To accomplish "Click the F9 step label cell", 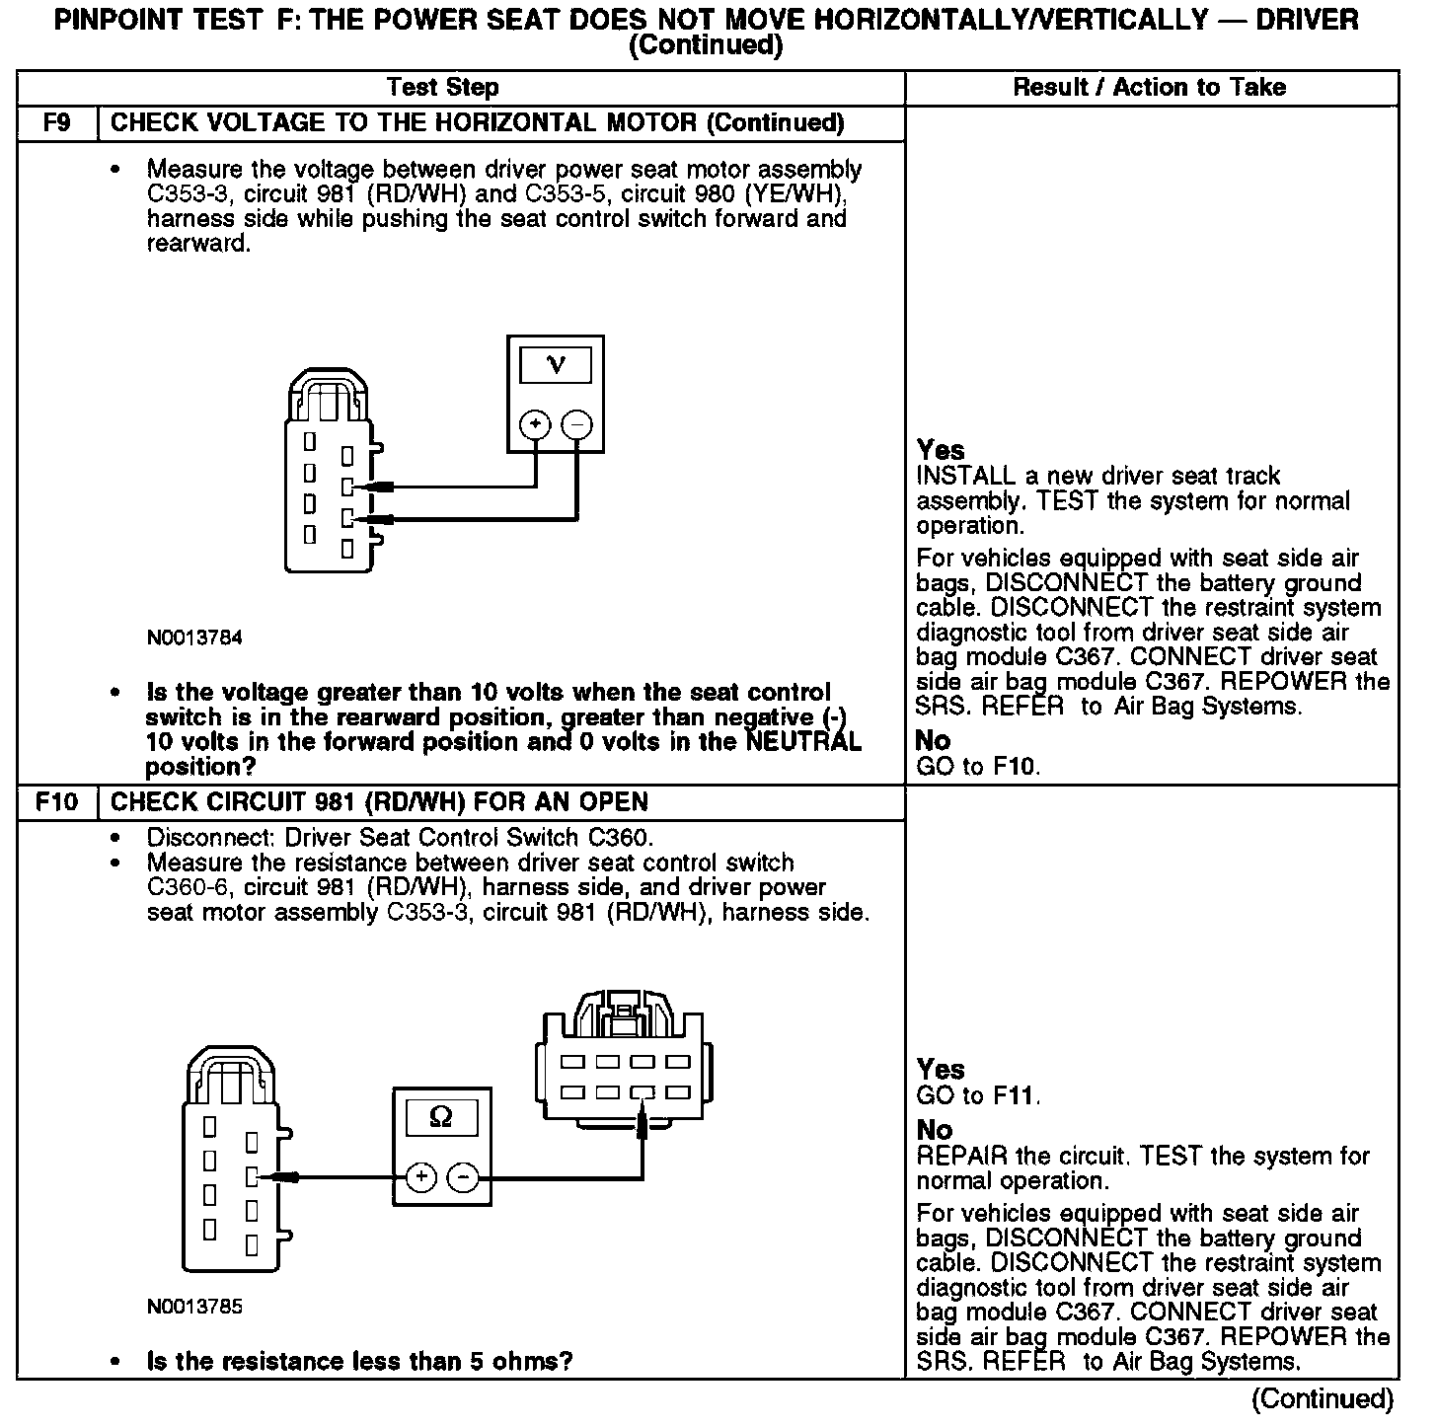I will coord(57,123).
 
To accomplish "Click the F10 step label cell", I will coord(57,802).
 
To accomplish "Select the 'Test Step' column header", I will coord(443,88).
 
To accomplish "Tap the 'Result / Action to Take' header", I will coord(1150,88).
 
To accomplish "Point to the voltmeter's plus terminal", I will coord(535,425).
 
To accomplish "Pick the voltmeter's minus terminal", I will coord(577,425).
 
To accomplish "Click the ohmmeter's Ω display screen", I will coord(441,1119).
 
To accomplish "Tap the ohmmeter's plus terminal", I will coord(421,1176).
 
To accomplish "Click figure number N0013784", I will coord(194,638).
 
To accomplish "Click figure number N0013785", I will coord(194,1308).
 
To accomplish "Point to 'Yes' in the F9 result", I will coord(941,451).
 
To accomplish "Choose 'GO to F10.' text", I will coord(978,766).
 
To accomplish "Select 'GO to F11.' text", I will coord(978,1095).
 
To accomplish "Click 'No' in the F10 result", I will coord(935,1130).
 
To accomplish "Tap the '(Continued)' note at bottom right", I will coord(1323,1399).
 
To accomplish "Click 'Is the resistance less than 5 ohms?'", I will coord(359,1362).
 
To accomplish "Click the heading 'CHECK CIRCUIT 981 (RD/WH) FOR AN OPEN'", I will coord(379,802).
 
